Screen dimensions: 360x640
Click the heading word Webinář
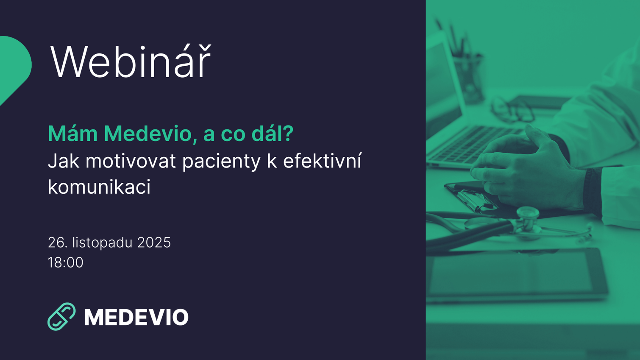(x=130, y=62)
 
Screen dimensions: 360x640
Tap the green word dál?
(x=272, y=134)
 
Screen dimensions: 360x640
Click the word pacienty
(x=221, y=162)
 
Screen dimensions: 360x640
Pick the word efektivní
(x=322, y=161)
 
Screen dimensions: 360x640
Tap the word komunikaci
(x=99, y=187)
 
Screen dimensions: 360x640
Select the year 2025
(x=154, y=243)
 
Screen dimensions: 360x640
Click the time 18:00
(x=66, y=262)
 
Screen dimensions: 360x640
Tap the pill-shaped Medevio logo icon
(x=61, y=316)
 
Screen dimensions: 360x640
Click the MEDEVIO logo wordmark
(x=136, y=317)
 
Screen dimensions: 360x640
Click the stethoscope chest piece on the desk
(x=527, y=219)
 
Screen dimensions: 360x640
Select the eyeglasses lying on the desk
(x=513, y=109)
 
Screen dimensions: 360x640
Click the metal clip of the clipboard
(x=476, y=200)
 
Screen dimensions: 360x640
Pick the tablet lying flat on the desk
(x=517, y=273)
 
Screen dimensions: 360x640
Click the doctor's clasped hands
(x=526, y=170)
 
